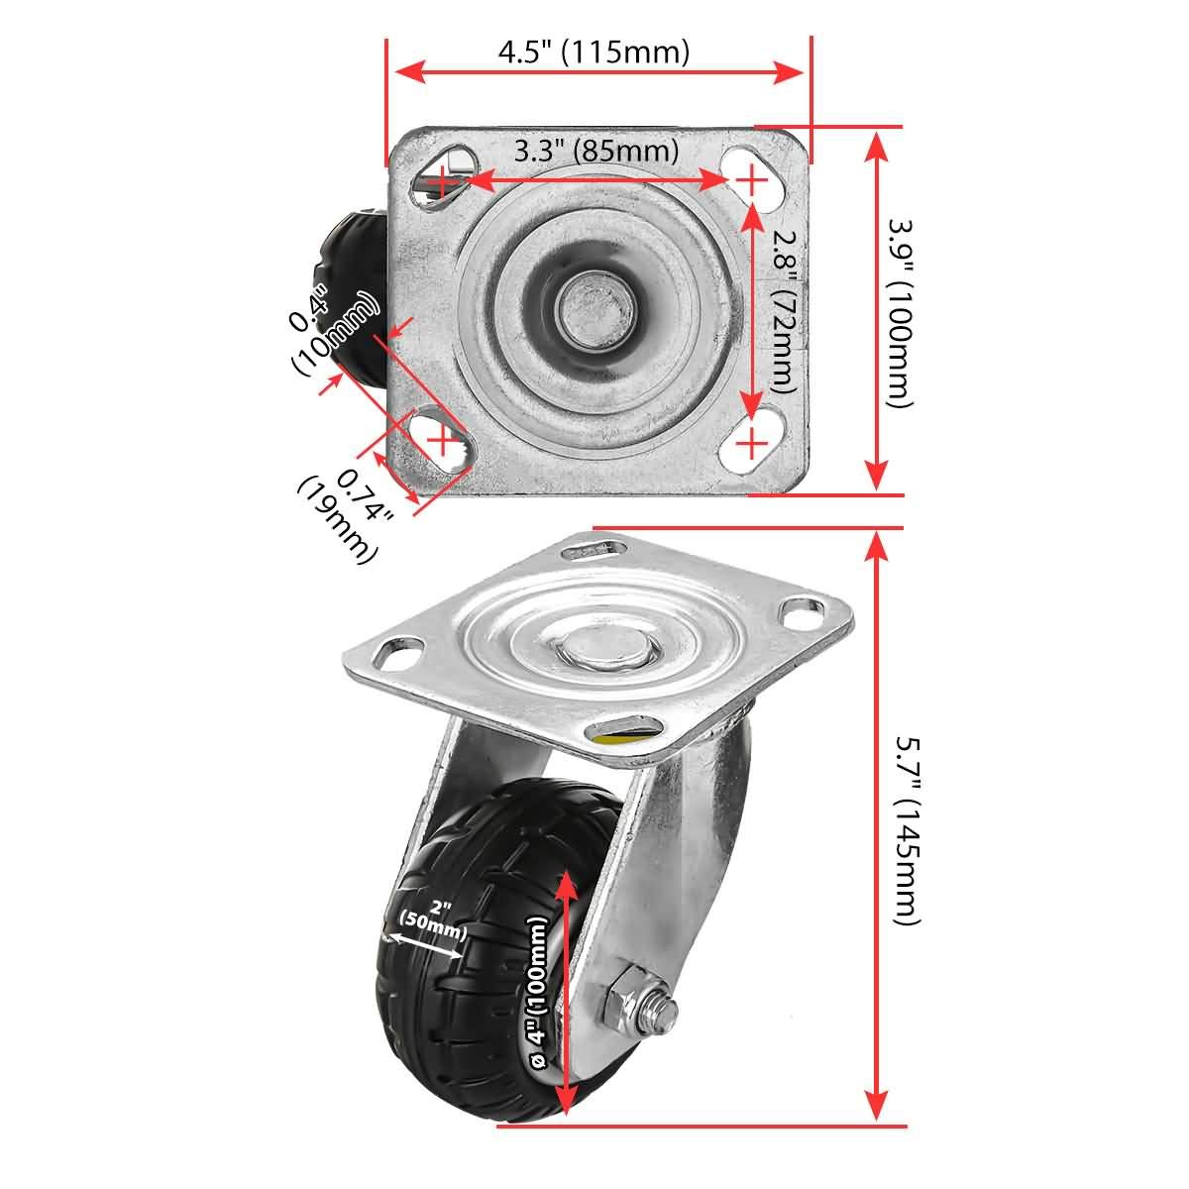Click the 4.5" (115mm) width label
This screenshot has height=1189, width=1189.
pos(594,52)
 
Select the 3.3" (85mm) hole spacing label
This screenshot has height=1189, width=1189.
pos(596,152)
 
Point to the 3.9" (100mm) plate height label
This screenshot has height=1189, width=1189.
pos(900,314)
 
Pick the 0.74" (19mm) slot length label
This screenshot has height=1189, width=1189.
pos(346,515)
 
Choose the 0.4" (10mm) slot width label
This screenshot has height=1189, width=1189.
pos(333,330)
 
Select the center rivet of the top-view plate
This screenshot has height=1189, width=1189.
pos(594,307)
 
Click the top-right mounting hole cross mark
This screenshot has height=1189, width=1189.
pos(750,180)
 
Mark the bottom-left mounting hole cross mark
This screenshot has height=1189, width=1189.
pos(442,440)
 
